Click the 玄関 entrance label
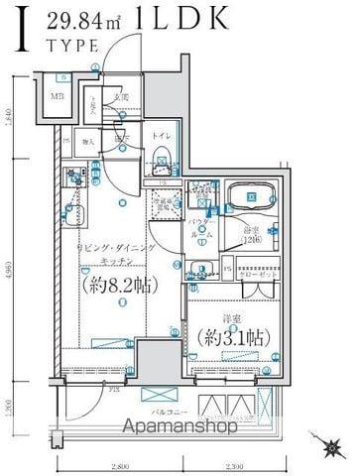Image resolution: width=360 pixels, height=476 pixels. point(120,96)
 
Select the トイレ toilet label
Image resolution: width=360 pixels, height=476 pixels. point(161,135)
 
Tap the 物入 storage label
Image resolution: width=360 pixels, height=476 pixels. point(88,142)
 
